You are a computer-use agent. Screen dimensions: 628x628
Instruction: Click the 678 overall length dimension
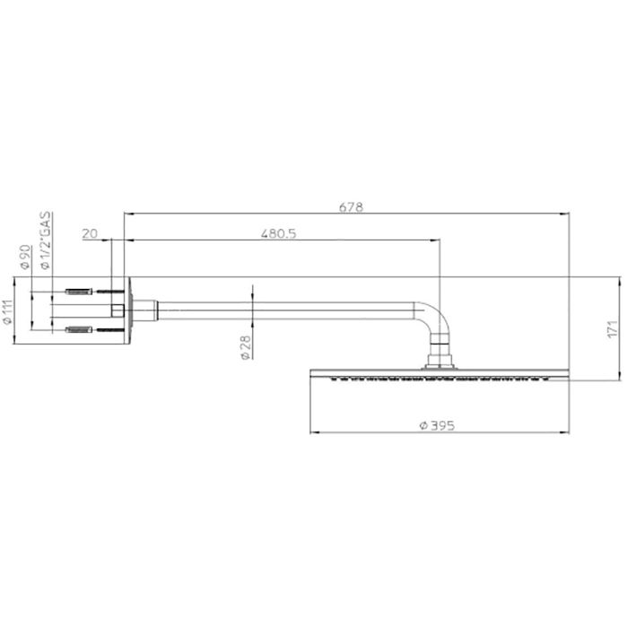click(351, 207)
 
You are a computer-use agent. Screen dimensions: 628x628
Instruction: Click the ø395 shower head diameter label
click(438, 425)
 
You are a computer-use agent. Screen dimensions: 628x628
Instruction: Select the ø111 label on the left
click(8, 311)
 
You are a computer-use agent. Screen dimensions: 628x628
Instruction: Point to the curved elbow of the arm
click(434, 319)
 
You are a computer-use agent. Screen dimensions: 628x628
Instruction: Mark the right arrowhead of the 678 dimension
click(566, 214)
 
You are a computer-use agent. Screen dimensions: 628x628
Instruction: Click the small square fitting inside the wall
click(118, 311)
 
